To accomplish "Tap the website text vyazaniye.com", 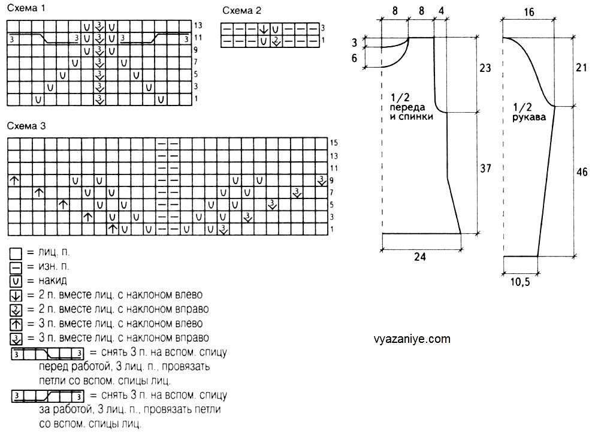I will pyautogui.click(x=411, y=339).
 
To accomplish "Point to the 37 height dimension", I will pyautogui.click(x=485, y=169).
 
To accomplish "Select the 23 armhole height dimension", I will pyautogui.click(x=485, y=69).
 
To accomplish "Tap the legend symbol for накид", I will pyautogui.click(x=16, y=281).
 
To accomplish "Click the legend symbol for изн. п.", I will pyautogui.click(x=16, y=266).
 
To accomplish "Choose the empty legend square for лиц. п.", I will pyautogui.click(x=16, y=252).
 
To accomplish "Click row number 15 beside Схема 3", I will pyautogui.click(x=334, y=143).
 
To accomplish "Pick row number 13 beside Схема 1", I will pyautogui.click(x=198, y=25).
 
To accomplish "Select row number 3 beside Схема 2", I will pyautogui.click(x=323, y=28).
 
